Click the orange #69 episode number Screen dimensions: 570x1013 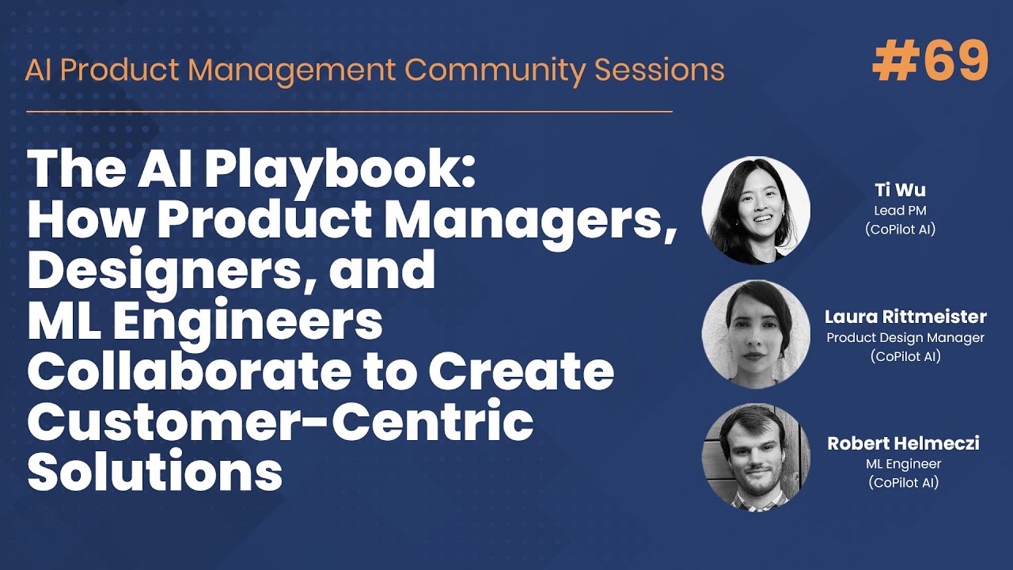pyautogui.click(x=931, y=61)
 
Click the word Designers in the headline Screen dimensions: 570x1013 pyautogui.click(x=169, y=270)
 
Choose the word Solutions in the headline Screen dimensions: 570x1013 pyautogui.click(x=155, y=473)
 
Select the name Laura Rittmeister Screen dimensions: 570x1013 pyautogui.click(x=905, y=317)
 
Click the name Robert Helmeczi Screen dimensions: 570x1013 pyautogui.click(x=903, y=443)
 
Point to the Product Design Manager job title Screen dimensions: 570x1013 pyautogui.click(x=905, y=338)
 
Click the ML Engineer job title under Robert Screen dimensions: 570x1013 pyautogui.click(x=903, y=464)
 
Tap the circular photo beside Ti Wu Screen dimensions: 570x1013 pyautogui.click(x=756, y=210)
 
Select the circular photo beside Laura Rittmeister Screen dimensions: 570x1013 pyautogui.click(x=756, y=334)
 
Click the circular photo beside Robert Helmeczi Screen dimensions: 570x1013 pyautogui.click(x=756, y=457)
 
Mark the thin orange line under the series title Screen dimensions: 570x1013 pyautogui.click(x=349, y=112)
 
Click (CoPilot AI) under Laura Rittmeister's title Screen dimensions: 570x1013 pyautogui.click(x=905, y=356)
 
